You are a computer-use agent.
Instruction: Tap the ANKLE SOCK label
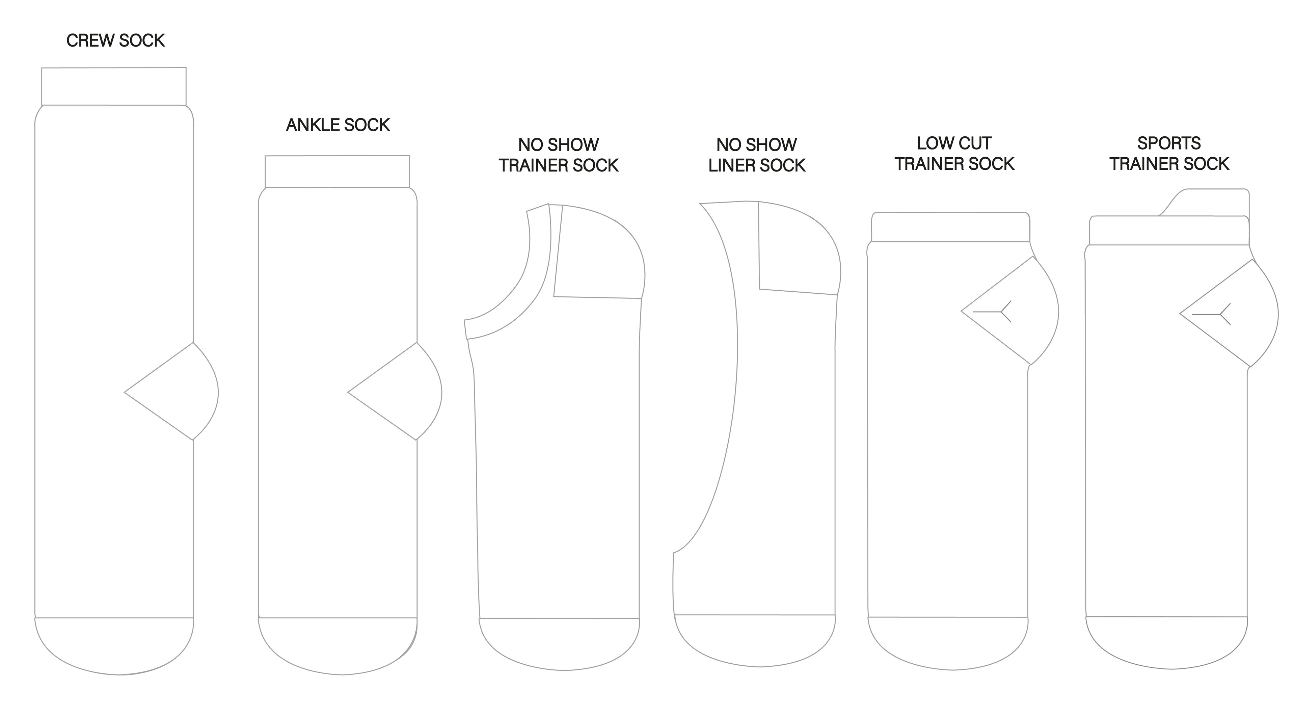tap(337, 125)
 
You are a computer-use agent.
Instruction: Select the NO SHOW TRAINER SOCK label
tap(559, 155)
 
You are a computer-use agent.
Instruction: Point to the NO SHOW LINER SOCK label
tap(757, 155)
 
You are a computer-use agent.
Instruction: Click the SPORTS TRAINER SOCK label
tap(1169, 154)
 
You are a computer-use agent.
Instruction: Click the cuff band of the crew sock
tap(114, 86)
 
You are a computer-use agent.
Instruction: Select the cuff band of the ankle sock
tap(337, 171)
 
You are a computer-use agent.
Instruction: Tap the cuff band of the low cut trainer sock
tap(950, 228)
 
